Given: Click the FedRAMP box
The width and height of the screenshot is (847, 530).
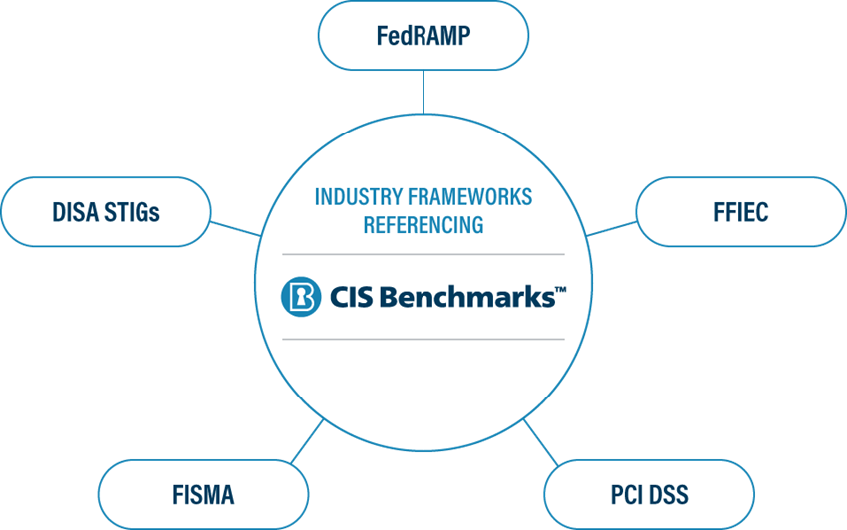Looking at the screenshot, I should click(423, 36).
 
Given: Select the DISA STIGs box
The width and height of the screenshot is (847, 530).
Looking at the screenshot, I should click(107, 211).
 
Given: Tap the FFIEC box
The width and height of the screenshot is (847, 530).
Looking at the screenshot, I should click(740, 212).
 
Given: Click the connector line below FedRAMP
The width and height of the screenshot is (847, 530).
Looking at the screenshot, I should click(423, 91).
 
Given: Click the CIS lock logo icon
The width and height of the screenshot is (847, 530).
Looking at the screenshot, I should click(301, 296).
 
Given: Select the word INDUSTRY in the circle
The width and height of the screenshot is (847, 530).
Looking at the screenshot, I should click(355, 197).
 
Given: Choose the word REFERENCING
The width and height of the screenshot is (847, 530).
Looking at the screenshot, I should click(423, 225).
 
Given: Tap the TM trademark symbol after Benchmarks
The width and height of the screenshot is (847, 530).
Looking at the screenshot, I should click(560, 289).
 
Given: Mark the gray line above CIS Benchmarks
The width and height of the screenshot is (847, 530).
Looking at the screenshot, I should click(423, 255).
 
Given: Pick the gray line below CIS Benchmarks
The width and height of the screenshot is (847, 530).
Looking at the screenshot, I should click(423, 339).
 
